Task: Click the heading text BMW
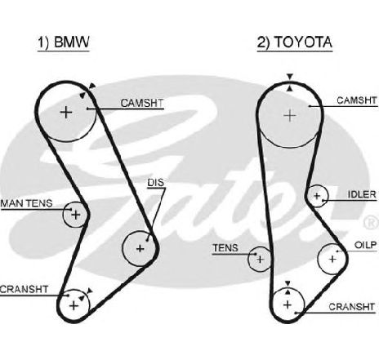coord(72,42)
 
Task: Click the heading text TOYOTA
coord(303,42)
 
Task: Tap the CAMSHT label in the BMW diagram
coord(142,103)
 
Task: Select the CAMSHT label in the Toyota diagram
coord(357,100)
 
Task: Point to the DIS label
coord(156,183)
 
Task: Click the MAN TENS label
coord(26,203)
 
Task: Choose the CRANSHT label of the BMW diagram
coord(24,289)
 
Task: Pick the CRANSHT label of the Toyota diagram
coord(351,307)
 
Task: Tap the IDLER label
coord(362,194)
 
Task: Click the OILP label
coord(365,245)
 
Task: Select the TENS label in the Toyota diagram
coord(225,248)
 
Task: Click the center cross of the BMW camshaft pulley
coord(66,112)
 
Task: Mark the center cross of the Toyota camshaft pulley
coord(290,116)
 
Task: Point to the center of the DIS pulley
coord(140,248)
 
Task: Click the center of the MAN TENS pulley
coord(76,215)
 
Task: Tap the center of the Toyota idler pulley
coord(317,196)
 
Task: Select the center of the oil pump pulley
coord(332,259)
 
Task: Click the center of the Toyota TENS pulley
coord(260,260)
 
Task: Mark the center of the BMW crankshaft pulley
coord(74,306)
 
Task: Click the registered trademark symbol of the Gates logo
coord(372,221)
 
